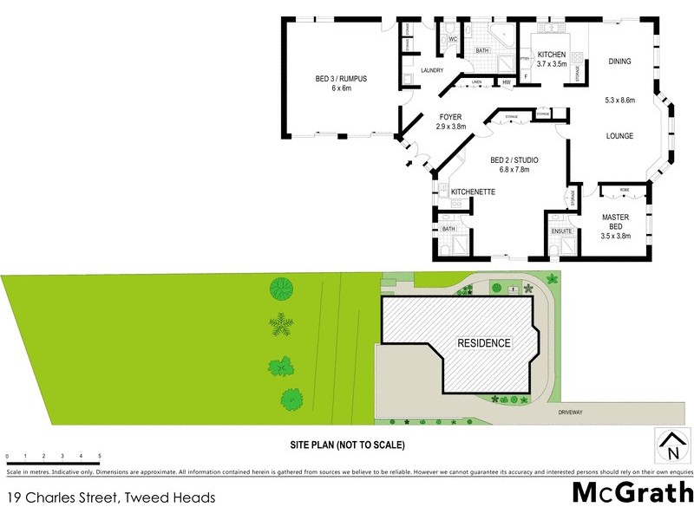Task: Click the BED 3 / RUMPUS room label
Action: click(x=341, y=79)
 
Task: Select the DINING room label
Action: click(x=619, y=62)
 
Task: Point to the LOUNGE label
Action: click(x=619, y=136)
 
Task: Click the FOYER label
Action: click(x=450, y=117)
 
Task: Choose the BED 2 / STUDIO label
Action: click(x=514, y=160)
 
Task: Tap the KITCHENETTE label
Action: click(x=473, y=192)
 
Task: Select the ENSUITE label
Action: click(x=561, y=231)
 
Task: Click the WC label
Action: click(x=452, y=39)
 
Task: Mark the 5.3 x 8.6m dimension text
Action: click(x=619, y=101)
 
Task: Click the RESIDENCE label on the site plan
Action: click(x=484, y=343)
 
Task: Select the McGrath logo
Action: click(x=632, y=492)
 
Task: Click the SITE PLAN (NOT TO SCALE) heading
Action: click(x=347, y=445)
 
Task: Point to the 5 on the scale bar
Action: click(x=100, y=456)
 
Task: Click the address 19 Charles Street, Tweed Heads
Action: click(x=110, y=497)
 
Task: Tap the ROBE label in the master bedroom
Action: click(x=624, y=188)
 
